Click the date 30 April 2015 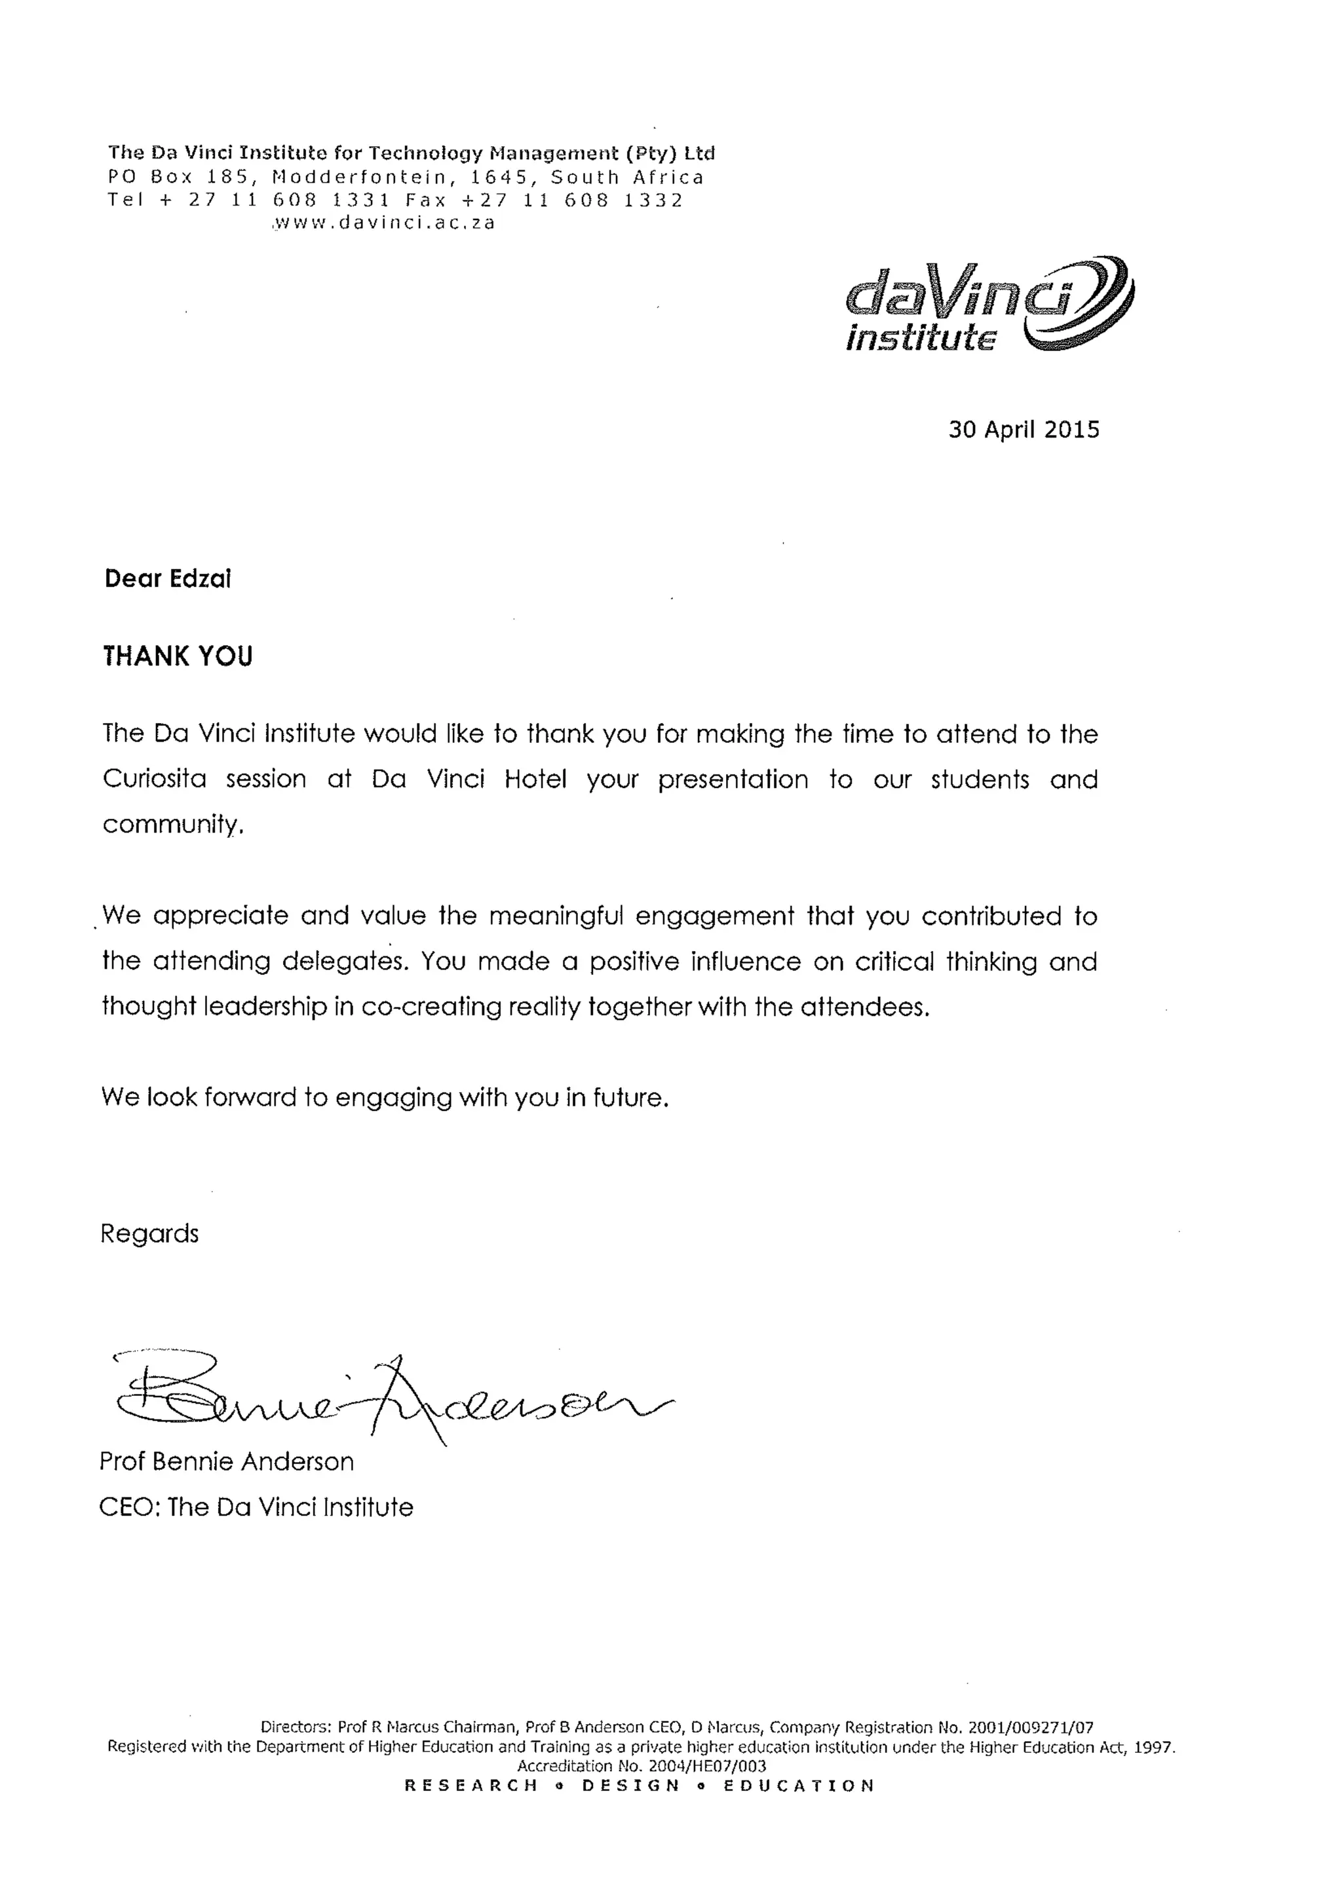(x=1023, y=430)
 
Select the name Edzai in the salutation (x=199, y=578)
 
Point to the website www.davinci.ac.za (x=384, y=223)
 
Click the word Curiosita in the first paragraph (x=155, y=779)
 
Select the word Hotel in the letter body (x=535, y=779)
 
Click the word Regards (x=149, y=1233)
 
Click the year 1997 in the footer (x=1153, y=1746)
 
